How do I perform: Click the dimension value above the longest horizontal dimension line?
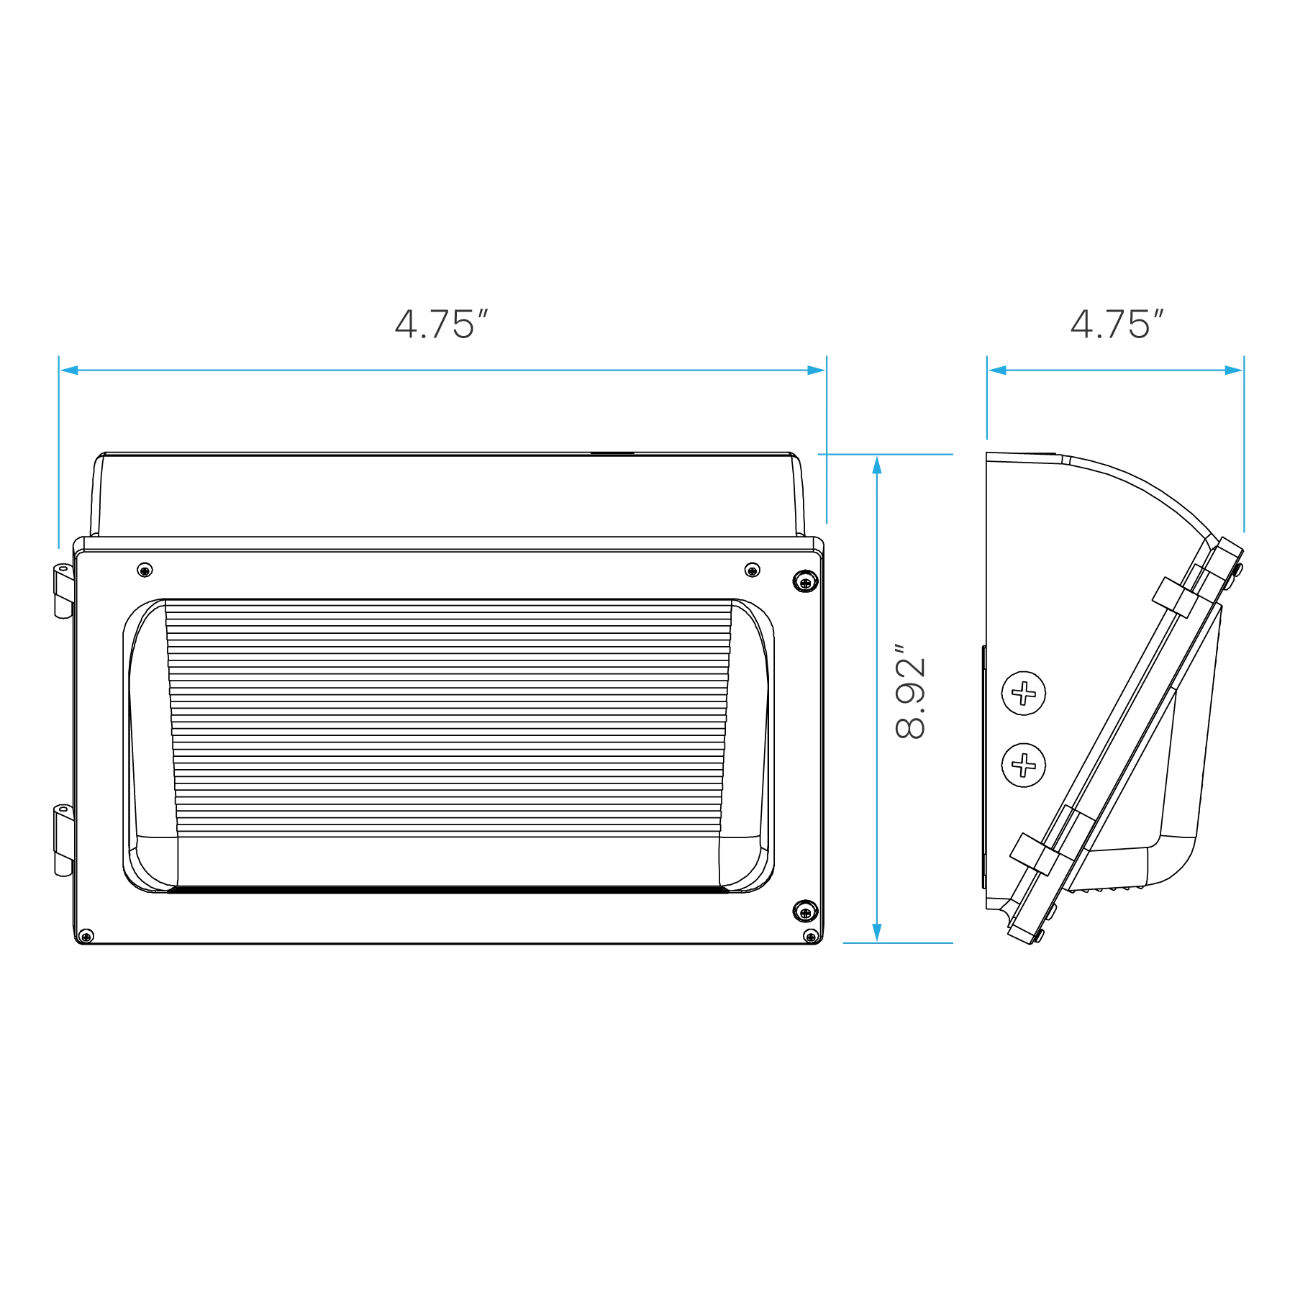[440, 325]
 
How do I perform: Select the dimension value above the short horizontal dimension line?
[1117, 324]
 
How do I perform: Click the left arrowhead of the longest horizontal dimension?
[70, 371]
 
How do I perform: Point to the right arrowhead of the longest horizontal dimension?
[816, 371]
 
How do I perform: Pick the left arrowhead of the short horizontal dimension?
[997, 371]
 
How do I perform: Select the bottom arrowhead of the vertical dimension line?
[876, 930]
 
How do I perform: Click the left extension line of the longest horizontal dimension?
[60, 460]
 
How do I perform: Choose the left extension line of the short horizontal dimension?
[986, 403]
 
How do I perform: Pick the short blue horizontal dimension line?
[1115, 371]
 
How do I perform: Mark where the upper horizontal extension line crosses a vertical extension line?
[826, 455]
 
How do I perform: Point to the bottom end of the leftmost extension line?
[60, 551]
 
